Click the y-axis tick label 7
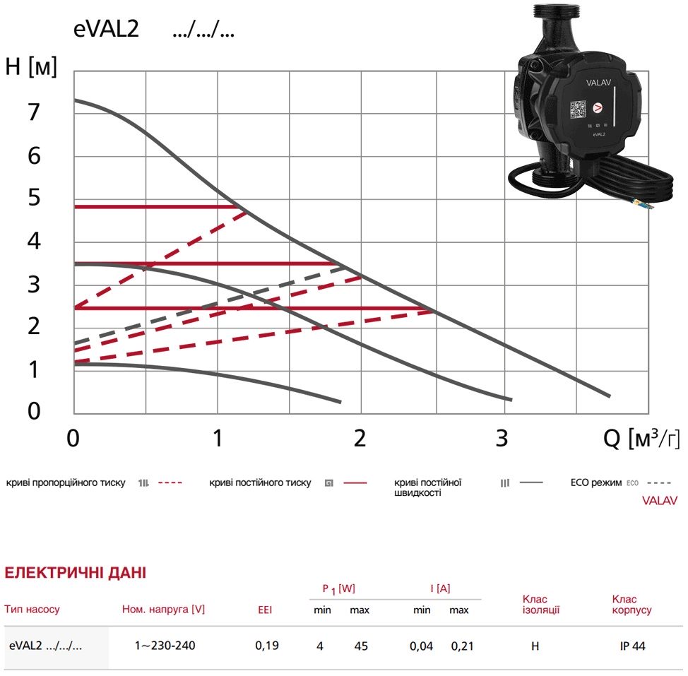pos(34,112)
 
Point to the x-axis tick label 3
pos(502,438)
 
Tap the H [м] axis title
pos(30,66)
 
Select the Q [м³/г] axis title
pos(641,438)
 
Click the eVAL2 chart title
pos(106,30)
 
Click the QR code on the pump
pos(577,109)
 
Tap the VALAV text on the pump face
pos(598,83)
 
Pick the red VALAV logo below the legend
pos(660,501)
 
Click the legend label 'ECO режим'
pos(596,482)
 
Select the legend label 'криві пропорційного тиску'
pos(66,483)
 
